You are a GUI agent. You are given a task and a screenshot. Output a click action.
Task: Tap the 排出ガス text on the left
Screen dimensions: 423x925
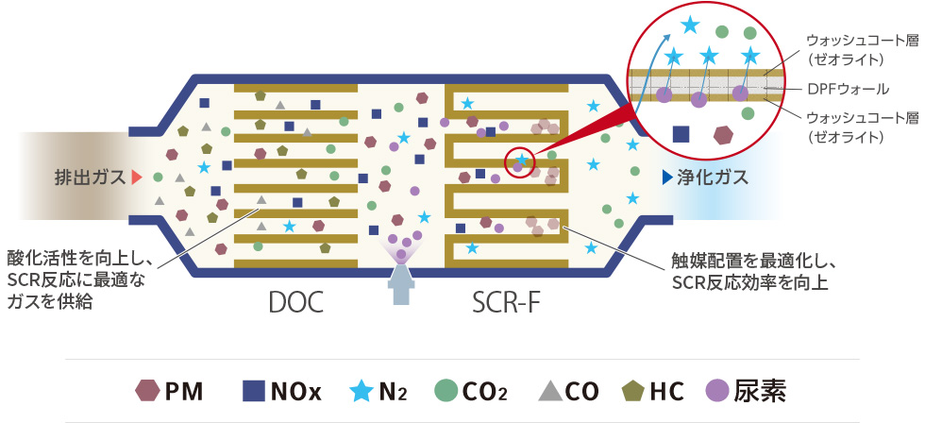pyautogui.click(x=89, y=177)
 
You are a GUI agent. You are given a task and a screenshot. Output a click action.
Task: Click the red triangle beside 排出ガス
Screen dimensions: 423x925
pyautogui.click(x=137, y=177)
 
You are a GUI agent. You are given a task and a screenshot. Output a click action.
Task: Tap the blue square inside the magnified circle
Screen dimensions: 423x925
pyautogui.click(x=680, y=134)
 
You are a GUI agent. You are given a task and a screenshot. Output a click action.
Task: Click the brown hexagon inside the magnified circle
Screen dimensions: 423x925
pyautogui.click(x=724, y=135)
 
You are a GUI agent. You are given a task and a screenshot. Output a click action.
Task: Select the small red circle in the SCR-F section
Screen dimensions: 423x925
pyautogui.click(x=521, y=162)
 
